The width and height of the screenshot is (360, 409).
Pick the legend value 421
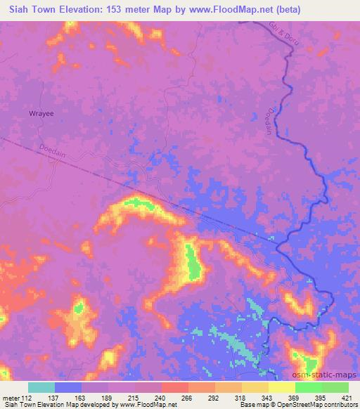click(348, 398)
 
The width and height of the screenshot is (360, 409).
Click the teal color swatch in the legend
click(41, 387)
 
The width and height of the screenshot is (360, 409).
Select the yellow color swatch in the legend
click(282, 387)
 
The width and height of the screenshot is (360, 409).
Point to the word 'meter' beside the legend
click(10, 398)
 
